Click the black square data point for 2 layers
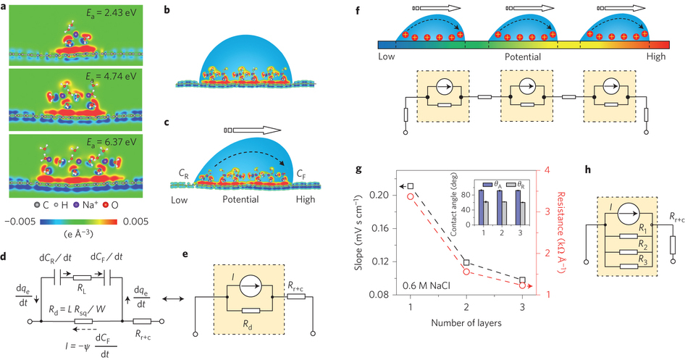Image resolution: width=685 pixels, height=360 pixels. (x=467, y=262)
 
